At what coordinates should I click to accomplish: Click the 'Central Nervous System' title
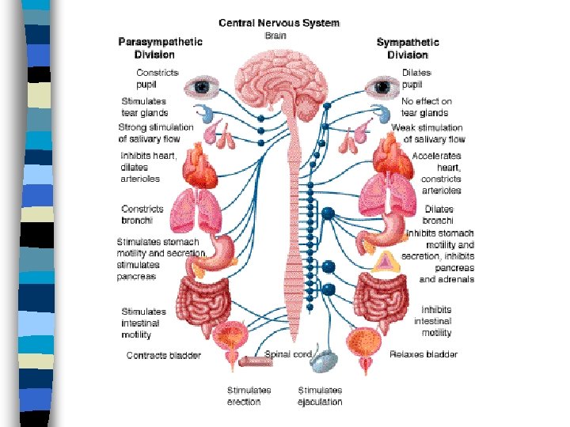click(279, 23)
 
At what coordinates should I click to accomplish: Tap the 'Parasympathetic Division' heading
click(160, 48)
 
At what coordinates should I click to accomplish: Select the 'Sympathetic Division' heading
click(408, 48)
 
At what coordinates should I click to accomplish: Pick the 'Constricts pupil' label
click(158, 78)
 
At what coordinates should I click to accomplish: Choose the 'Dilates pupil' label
click(416, 78)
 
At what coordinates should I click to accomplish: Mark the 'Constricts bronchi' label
click(142, 214)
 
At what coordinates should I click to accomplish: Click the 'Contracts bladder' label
click(164, 355)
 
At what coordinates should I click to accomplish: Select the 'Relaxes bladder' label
click(424, 354)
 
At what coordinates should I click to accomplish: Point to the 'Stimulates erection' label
click(249, 395)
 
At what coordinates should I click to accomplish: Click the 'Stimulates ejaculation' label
click(320, 395)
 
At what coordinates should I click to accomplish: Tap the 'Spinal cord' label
click(288, 354)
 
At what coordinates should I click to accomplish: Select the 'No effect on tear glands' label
click(426, 107)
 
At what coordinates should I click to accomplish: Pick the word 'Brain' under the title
click(275, 36)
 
